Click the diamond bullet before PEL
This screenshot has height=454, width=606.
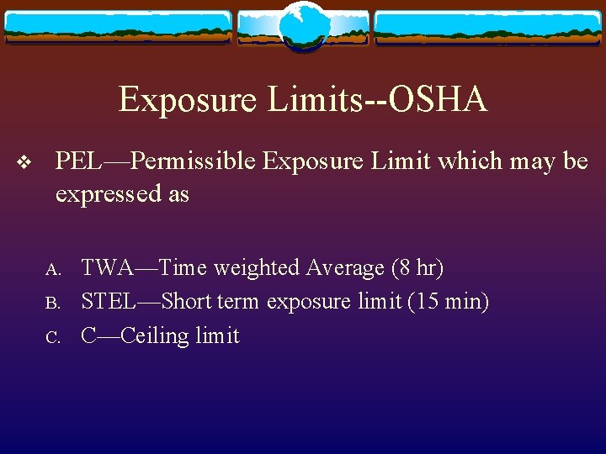click(24, 161)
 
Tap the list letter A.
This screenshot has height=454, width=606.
click(52, 270)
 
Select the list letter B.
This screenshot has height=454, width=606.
click(51, 303)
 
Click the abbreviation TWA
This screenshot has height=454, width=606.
click(105, 268)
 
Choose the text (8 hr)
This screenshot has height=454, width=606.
click(417, 268)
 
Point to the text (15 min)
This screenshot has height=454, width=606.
click(448, 301)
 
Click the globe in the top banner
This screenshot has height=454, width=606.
click(303, 26)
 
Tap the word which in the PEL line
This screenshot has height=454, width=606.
click(462, 160)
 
